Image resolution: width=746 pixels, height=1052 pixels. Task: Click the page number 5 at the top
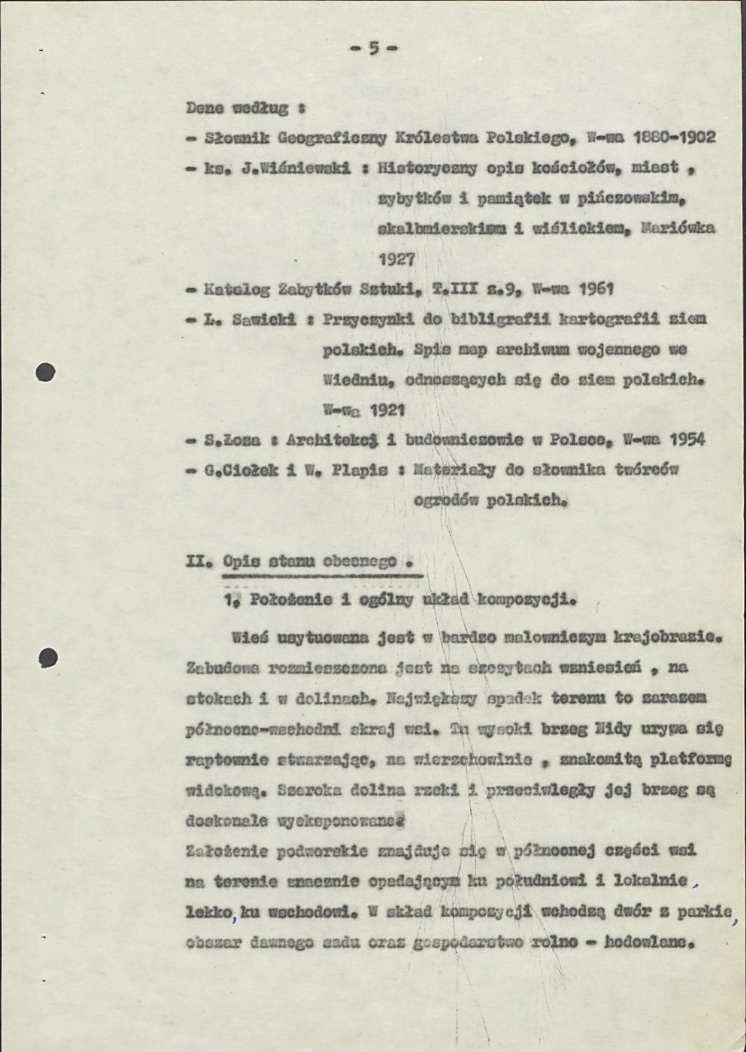tap(373, 49)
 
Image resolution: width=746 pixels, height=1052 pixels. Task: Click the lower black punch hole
tap(47, 658)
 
